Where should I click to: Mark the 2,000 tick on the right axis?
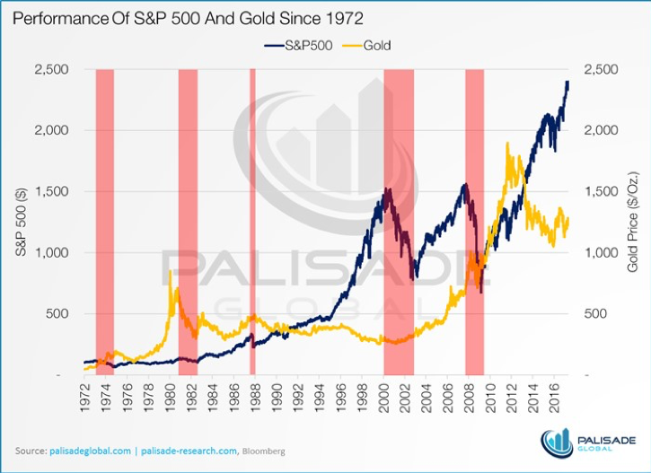(602, 130)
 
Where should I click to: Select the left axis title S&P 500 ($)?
(21, 221)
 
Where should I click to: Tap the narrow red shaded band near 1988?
(252, 221)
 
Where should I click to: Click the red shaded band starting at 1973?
(104, 221)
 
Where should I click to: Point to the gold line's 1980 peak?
(171, 271)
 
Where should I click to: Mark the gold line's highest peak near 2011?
(509, 143)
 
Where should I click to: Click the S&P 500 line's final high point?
(567, 82)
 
